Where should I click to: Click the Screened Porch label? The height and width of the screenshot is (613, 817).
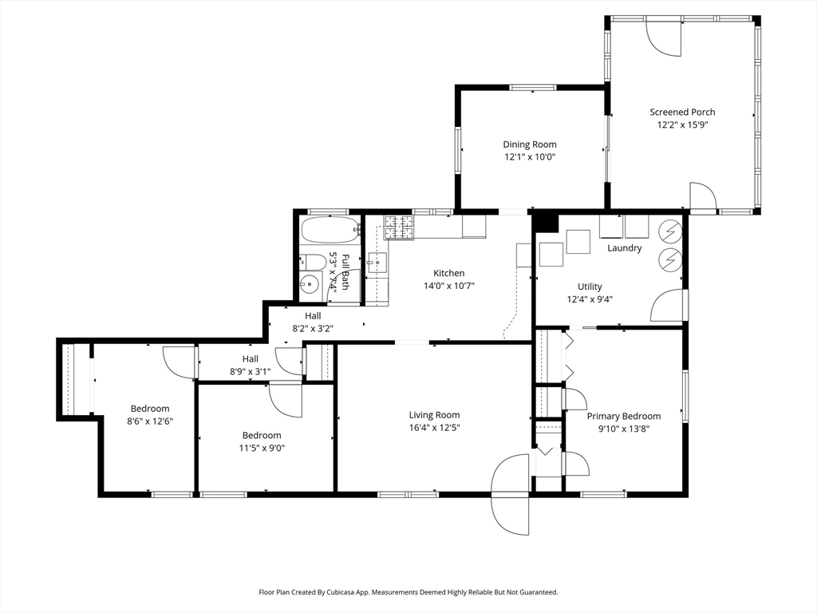(682, 112)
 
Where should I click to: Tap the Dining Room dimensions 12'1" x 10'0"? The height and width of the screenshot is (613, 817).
(530, 157)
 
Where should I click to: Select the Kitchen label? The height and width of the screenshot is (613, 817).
(448, 273)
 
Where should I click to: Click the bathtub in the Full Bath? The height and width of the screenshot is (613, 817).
(331, 230)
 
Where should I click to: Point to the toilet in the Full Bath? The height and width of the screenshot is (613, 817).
(312, 261)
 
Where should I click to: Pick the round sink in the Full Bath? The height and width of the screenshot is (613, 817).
(310, 283)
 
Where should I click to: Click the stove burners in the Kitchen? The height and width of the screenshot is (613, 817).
(399, 228)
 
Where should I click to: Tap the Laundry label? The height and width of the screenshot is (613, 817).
(624, 248)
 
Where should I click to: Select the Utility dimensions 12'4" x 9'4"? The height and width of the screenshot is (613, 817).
(590, 299)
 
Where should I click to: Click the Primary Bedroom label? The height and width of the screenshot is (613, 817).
(624, 416)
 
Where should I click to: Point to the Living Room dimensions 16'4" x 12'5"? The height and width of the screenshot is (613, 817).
(434, 428)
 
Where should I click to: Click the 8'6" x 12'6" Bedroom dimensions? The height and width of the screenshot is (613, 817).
(150, 421)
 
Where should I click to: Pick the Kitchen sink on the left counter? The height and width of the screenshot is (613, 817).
(377, 262)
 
